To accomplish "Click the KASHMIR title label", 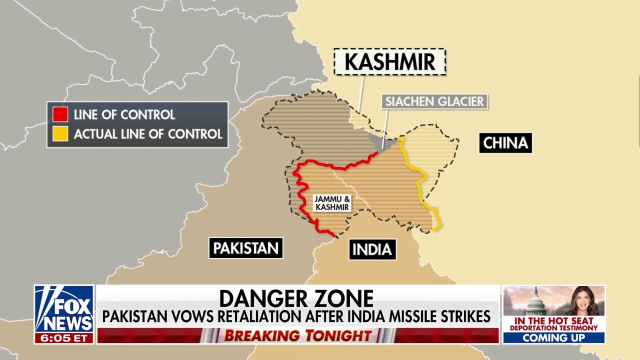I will click(x=389, y=62).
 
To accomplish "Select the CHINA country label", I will click(x=505, y=143).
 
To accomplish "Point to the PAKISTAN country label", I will click(x=245, y=248).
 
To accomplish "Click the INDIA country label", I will click(x=372, y=249).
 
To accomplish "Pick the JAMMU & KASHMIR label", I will click(x=332, y=202).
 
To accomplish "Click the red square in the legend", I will click(x=60, y=114).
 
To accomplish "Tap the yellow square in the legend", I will click(x=60, y=134).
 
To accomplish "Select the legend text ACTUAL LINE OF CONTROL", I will click(x=148, y=134).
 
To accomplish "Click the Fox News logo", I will click(x=64, y=309).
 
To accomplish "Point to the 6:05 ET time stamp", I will click(x=64, y=337).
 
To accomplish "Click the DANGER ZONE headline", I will click(x=296, y=298).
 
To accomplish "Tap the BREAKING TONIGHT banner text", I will click(x=297, y=335).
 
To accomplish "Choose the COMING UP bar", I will click(x=553, y=337).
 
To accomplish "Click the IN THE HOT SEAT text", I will click(x=553, y=320).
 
